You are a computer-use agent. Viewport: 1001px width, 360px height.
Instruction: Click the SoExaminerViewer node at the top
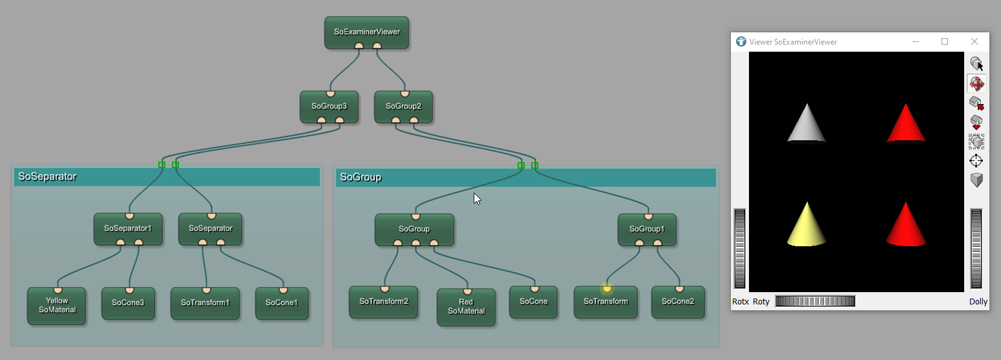(x=366, y=32)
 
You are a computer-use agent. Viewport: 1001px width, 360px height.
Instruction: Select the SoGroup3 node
(x=329, y=106)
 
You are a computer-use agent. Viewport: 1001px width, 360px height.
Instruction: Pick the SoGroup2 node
(x=403, y=106)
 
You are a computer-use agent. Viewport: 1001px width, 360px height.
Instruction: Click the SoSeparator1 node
(x=127, y=228)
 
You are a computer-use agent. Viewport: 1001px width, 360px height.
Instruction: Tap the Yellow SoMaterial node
(x=57, y=305)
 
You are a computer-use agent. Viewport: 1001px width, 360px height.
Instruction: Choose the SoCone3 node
(x=128, y=302)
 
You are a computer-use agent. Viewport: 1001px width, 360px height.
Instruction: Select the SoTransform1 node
(x=205, y=302)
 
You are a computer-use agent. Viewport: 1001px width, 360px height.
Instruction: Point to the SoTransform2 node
(x=383, y=301)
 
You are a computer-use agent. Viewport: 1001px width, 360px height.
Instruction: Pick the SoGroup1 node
(x=647, y=229)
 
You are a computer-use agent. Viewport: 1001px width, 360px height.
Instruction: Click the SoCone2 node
(x=677, y=301)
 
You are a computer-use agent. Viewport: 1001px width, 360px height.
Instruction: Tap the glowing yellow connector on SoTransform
(x=606, y=288)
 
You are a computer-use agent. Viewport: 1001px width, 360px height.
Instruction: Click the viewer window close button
(x=974, y=42)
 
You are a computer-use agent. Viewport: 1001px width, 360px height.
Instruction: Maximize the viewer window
(x=945, y=42)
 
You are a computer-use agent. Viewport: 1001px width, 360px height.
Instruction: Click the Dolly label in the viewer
(x=978, y=302)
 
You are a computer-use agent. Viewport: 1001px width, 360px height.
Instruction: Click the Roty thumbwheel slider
(x=814, y=301)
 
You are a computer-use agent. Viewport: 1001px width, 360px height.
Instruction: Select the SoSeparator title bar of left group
(x=167, y=176)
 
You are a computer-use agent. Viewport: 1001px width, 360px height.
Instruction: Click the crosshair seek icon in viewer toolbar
(x=976, y=160)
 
